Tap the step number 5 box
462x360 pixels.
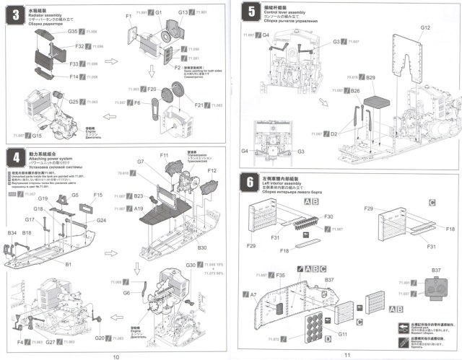point(250,12)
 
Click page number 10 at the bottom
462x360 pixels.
point(115,354)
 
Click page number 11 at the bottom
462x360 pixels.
point(347,354)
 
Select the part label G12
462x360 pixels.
point(425,27)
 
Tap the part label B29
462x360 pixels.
point(371,76)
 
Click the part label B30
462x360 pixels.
point(204,247)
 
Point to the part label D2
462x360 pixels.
point(334,133)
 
